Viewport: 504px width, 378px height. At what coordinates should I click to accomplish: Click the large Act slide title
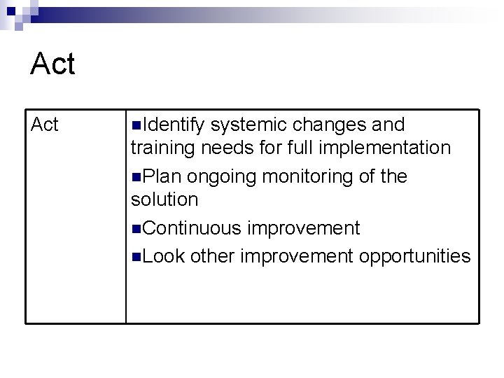52,64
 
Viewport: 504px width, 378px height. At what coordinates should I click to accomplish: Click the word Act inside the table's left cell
45,125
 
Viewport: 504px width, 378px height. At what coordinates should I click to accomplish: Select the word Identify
173,125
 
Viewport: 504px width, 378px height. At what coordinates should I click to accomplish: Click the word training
163,148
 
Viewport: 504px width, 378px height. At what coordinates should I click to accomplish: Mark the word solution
164,200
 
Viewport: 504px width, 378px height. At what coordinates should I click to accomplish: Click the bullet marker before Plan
135,177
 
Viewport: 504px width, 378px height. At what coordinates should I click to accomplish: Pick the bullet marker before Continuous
135,229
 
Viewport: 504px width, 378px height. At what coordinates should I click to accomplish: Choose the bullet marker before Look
135,257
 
